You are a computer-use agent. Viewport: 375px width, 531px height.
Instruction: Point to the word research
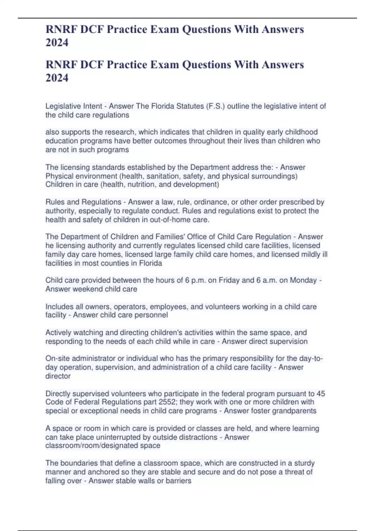[119, 132]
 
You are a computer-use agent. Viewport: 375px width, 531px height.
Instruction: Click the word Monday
[303, 280]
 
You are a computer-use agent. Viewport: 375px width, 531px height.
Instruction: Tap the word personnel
[151, 315]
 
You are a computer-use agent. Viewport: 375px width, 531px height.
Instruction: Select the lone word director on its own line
[58, 376]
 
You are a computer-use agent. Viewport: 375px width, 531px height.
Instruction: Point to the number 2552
[166, 402]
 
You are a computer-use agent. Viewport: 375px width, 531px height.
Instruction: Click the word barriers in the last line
[178, 481]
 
